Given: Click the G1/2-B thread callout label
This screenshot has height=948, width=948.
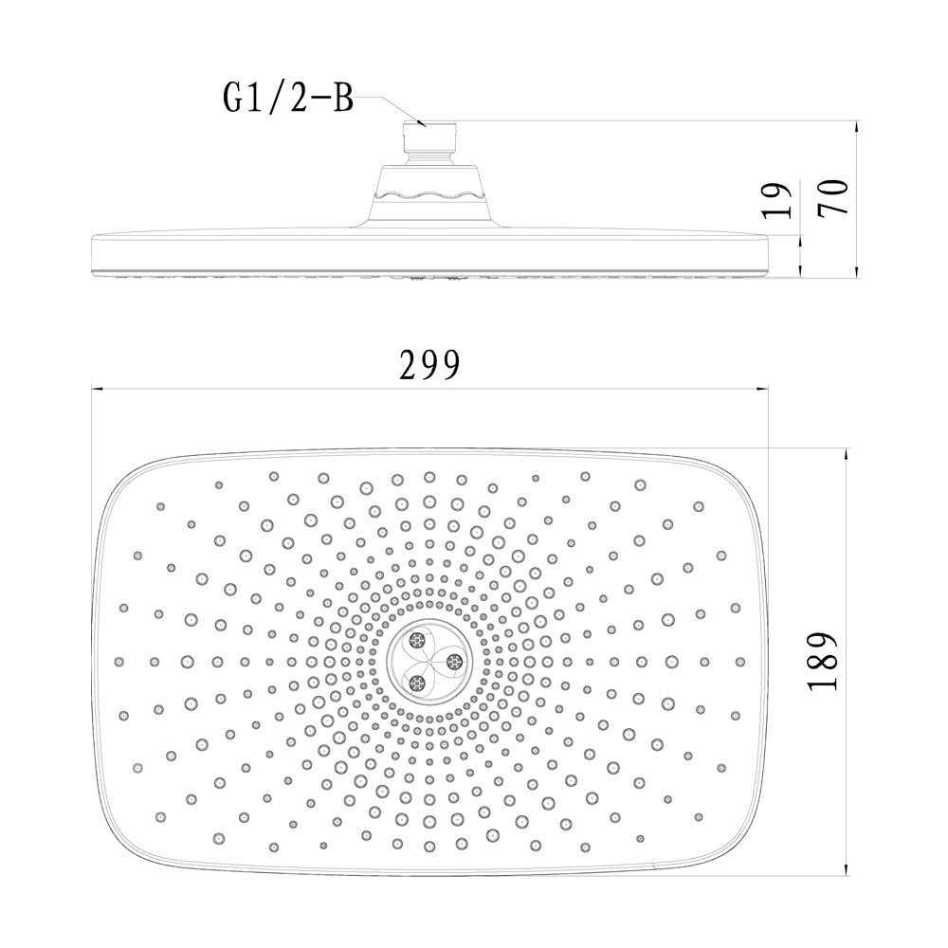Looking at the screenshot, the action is (x=289, y=98).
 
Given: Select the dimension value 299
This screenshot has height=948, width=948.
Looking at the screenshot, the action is (x=429, y=365).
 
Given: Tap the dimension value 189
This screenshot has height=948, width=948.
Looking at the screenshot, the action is (x=822, y=661).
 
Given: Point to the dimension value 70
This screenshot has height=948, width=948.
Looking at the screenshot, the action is (x=833, y=197).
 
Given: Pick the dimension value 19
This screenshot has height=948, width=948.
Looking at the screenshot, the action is (x=776, y=199).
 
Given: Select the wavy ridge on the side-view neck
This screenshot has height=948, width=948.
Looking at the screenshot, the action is (x=429, y=195).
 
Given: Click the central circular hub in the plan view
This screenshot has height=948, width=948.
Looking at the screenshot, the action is (x=429, y=662).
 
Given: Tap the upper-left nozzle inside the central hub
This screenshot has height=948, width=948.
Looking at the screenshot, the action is (x=417, y=640).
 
